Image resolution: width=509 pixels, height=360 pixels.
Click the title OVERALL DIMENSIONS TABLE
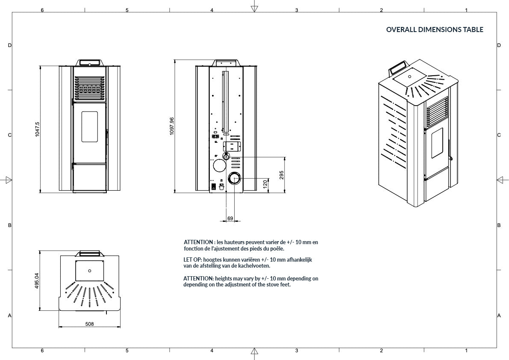point(435,30)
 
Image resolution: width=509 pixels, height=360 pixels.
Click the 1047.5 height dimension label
point(37,129)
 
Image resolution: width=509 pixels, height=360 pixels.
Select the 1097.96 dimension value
point(172,126)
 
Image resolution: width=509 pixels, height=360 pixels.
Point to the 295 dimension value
point(282,175)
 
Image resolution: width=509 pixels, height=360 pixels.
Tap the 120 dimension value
point(265,184)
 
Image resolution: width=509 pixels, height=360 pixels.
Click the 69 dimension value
point(230,218)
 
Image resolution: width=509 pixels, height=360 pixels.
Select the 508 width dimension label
point(89,324)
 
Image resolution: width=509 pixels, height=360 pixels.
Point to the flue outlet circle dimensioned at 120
point(234,178)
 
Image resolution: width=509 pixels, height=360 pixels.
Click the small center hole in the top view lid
point(89,271)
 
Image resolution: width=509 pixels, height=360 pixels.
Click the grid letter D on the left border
point(9,45)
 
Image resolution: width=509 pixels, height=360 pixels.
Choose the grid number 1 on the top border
point(466,10)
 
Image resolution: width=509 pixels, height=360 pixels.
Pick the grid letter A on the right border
point(499,316)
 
